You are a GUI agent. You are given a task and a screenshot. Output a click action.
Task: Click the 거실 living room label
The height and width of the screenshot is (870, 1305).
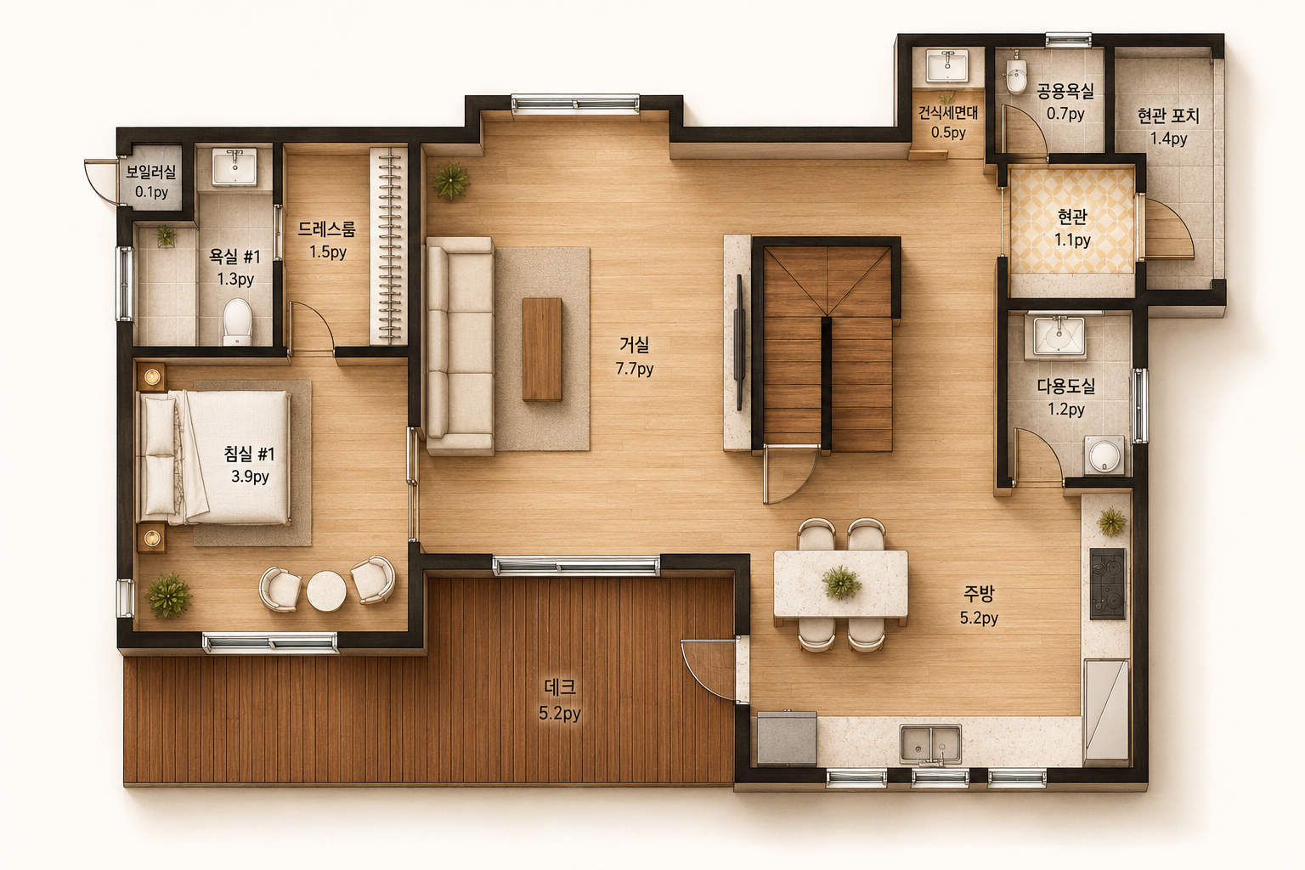coord(634,345)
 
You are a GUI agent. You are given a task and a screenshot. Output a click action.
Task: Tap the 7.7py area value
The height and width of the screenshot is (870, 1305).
coord(635,369)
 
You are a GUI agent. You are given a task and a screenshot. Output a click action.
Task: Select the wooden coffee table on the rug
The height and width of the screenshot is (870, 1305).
coord(542,350)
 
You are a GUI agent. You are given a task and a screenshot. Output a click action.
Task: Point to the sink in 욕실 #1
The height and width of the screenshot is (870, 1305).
coord(234,167)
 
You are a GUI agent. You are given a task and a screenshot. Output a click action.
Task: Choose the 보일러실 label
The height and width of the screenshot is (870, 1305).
coord(151,172)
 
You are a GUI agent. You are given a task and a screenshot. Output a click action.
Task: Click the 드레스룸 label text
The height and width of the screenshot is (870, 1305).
coord(326,229)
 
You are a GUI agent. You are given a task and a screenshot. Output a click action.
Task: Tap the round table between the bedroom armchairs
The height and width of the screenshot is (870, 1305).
coord(326,590)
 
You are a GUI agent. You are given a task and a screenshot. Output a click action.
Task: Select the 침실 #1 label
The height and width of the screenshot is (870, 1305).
coord(249,454)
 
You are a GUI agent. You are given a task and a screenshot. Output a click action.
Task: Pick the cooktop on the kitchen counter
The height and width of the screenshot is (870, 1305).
coord(1108,584)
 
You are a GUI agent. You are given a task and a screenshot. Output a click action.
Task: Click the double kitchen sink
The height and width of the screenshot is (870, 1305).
coord(930,744)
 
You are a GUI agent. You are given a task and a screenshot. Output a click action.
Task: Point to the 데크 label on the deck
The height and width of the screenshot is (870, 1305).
coord(560,687)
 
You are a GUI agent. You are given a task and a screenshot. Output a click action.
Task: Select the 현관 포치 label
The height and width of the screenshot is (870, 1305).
coord(1168,116)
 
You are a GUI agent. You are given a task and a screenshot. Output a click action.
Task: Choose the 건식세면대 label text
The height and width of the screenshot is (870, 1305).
coord(948,112)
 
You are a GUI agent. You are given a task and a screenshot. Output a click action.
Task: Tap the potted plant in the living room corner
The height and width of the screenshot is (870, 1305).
coord(451,179)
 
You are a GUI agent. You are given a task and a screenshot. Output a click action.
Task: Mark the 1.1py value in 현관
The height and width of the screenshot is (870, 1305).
coord(1072,240)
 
